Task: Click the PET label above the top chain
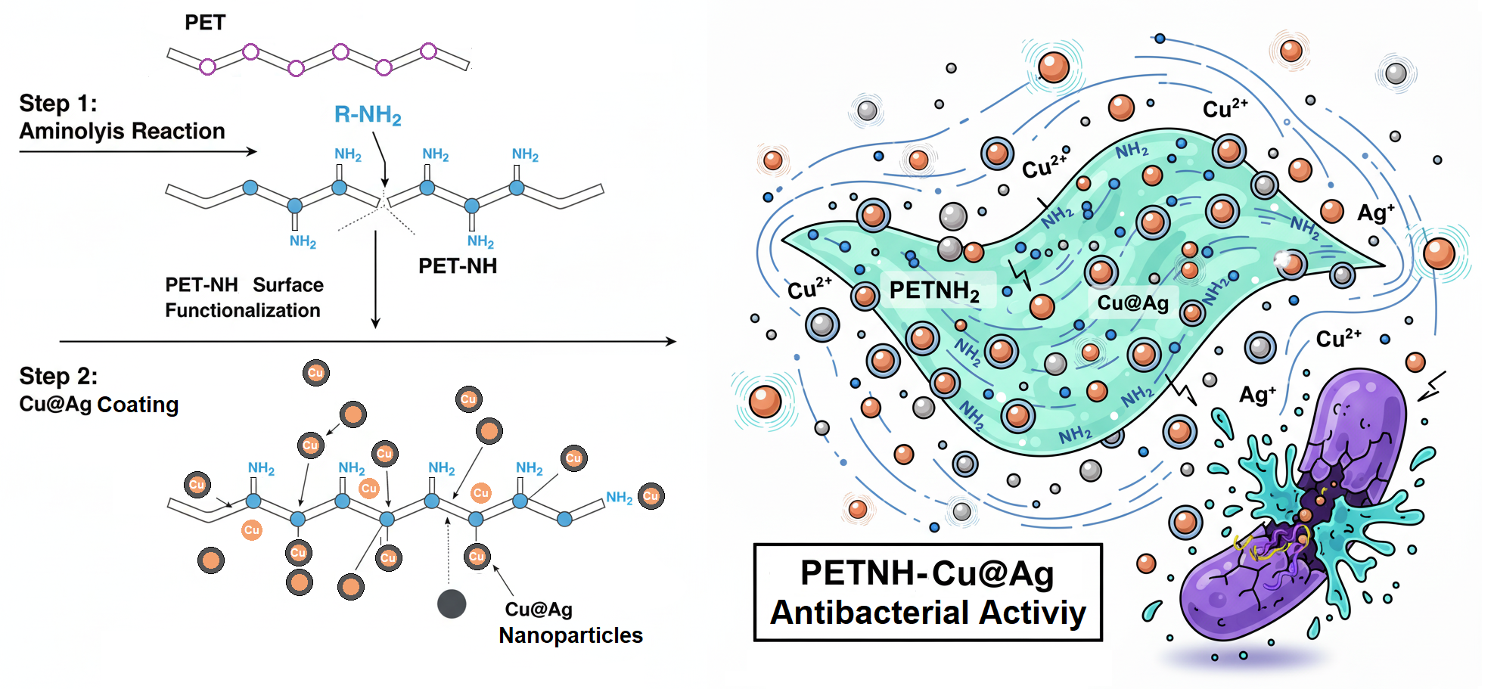205,23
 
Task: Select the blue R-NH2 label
368,115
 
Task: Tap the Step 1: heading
58,103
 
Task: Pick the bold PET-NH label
458,266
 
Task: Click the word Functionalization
243,310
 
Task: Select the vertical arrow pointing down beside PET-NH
375,280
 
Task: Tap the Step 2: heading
58,376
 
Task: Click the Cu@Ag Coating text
99,405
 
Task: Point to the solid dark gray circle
452,604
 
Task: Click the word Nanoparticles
570,635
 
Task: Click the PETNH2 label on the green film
934,290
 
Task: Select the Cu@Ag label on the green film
1132,303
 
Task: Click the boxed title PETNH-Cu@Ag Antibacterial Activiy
928,592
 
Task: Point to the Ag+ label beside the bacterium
1257,394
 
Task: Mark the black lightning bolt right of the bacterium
1431,386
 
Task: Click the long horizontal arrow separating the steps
368,342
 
